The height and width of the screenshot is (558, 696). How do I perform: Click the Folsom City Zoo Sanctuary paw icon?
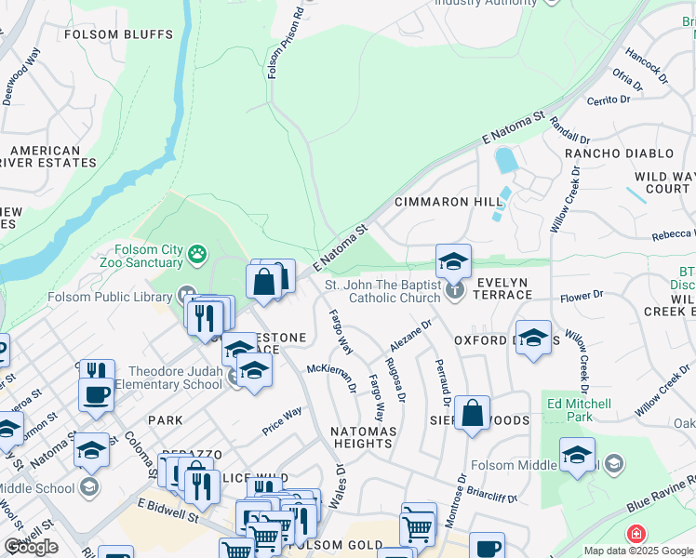click(197, 253)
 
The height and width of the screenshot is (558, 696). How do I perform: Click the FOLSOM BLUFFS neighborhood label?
click(118, 34)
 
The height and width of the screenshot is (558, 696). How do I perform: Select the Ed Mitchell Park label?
click(580, 410)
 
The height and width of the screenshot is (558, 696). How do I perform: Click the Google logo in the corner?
click(30, 547)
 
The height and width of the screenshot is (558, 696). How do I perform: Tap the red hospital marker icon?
click(636, 535)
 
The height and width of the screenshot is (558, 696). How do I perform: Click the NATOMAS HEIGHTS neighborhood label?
click(363, 437)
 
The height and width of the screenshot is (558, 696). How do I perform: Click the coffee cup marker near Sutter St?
click(96, 394)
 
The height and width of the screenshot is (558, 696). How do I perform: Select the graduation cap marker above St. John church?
click(453, 261)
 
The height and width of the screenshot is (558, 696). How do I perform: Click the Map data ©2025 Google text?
click(638, 551)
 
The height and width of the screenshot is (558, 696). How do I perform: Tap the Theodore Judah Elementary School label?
click(176, 378)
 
